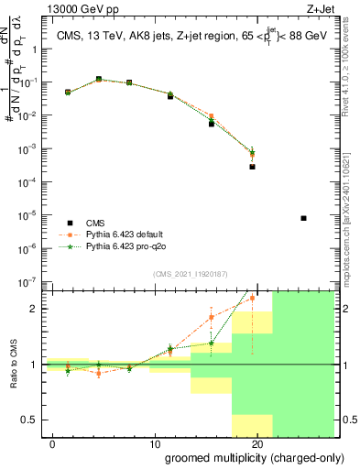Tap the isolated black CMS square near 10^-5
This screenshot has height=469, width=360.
tap(303, 218)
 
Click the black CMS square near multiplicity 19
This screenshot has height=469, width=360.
tap(252, 167)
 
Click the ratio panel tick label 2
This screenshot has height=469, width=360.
tap(37, 309)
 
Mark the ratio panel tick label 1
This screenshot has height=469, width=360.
tap(37, 365)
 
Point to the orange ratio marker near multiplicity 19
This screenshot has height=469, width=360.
tap(252, 299)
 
